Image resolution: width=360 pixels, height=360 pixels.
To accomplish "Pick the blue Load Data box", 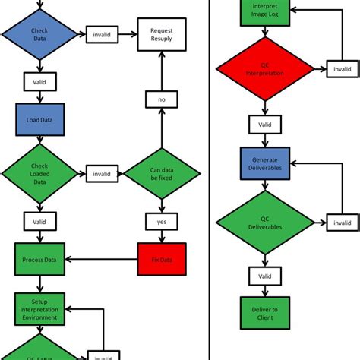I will (38, 119).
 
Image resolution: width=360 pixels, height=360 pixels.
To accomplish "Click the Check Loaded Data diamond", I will (39, 173).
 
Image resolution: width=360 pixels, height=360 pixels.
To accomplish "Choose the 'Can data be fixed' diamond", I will (161, 173).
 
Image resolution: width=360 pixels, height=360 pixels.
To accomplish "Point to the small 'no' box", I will (161, 99).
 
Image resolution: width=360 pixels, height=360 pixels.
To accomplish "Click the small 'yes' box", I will (161, 221).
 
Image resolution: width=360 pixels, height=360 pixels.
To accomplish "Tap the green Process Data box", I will (38, 259).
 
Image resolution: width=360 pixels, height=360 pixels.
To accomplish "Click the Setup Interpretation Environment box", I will (38, 309).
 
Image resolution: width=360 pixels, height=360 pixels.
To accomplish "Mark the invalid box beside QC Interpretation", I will (342, 70).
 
